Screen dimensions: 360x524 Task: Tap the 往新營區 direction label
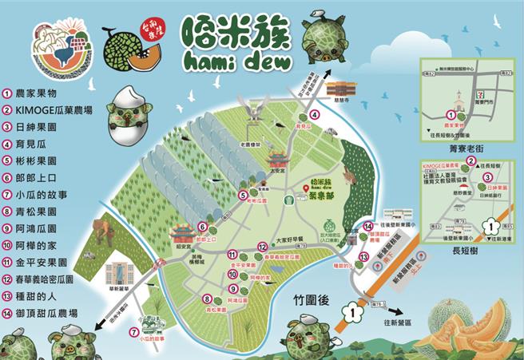click(399, 322)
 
